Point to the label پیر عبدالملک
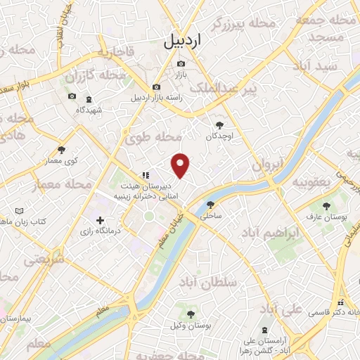[x=240, y=88]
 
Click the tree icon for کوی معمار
[x=62, y=150]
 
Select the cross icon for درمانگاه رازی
[x=100, y=221]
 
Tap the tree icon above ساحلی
[x=210, y=205]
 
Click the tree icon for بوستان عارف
[x=326, y=205]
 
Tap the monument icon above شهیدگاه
[x=89, y=99]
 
